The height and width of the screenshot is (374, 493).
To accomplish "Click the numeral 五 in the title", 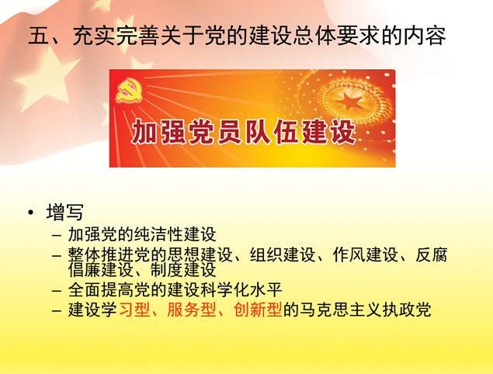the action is (x=39, y=36).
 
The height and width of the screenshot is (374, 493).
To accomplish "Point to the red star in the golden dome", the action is (x=349, y=100).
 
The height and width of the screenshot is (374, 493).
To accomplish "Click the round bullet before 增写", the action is (x=30, y=213).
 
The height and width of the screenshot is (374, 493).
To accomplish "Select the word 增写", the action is (x=64, y=212).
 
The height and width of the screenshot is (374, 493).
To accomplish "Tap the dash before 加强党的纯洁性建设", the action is (x=57, y=235).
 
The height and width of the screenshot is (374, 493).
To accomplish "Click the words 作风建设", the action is (x=366, y=255).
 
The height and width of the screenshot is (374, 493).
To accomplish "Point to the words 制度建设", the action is (x=183, y=270).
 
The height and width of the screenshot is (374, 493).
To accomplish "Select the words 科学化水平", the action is (x=241, y=289).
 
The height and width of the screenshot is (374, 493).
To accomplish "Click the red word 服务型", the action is (x=191, y=310).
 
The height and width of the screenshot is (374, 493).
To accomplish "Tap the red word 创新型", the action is (x=258, y=310).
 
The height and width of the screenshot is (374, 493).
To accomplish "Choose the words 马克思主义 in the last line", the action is (x=341, y=310).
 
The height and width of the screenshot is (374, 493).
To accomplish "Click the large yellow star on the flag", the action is (x=47, y=78).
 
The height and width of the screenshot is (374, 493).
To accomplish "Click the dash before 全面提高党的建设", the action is (x=57, y=291).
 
